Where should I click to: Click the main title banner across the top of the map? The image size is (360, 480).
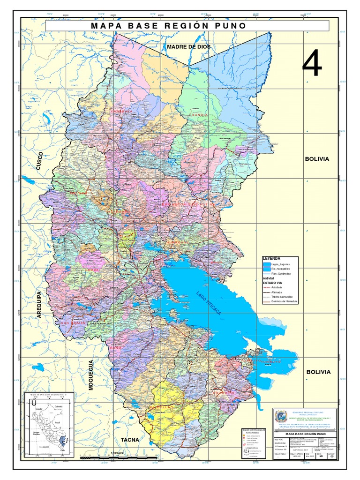[x=187, y=25]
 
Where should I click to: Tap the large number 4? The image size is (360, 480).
[x=312, y=64]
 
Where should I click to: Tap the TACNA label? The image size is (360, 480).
[x=130, y=440]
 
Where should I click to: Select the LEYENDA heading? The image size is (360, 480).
[x=271, y=258]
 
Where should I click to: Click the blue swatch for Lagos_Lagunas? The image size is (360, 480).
[x=267, y=265]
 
